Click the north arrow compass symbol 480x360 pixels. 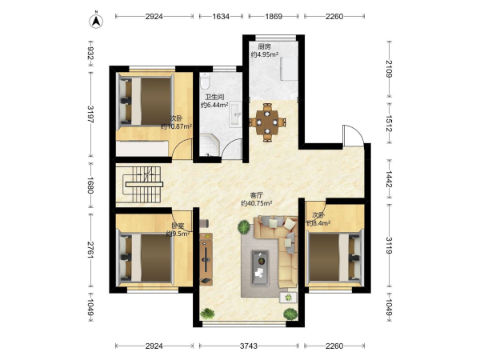(x=96, y=20)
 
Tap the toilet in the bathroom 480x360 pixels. (x=205, y=81)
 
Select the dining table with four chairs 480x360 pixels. (x=267, y=122)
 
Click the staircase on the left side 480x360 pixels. (x=142, y=185)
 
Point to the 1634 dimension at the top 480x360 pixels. (x=221, y=17)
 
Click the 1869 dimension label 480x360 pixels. (x=274, y=17)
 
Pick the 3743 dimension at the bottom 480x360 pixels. (x=248, y=346)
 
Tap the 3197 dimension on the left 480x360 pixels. (x=90, y=114)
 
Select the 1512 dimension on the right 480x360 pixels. (x=389, y=123)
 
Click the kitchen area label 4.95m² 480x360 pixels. (x=265, y=54)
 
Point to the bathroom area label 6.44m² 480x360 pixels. (x=214, y=105)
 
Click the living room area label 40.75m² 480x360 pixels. (x=257, y=203)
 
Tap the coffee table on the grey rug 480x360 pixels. (x=260, y=268)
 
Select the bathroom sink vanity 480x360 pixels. (x=235, y=114)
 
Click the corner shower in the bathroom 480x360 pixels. (x=210, y=146)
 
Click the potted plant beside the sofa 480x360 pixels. (x=244, y=227)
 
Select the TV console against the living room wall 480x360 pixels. (x=206, y=259)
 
